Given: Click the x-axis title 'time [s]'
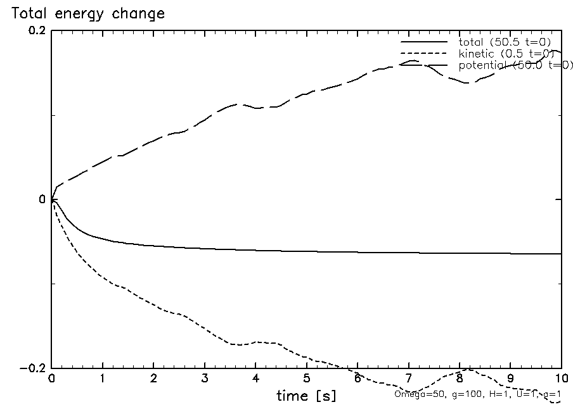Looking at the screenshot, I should [306, 396].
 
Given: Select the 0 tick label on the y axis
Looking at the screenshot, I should [43, 199].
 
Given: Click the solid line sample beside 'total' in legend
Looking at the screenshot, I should [424, 42].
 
